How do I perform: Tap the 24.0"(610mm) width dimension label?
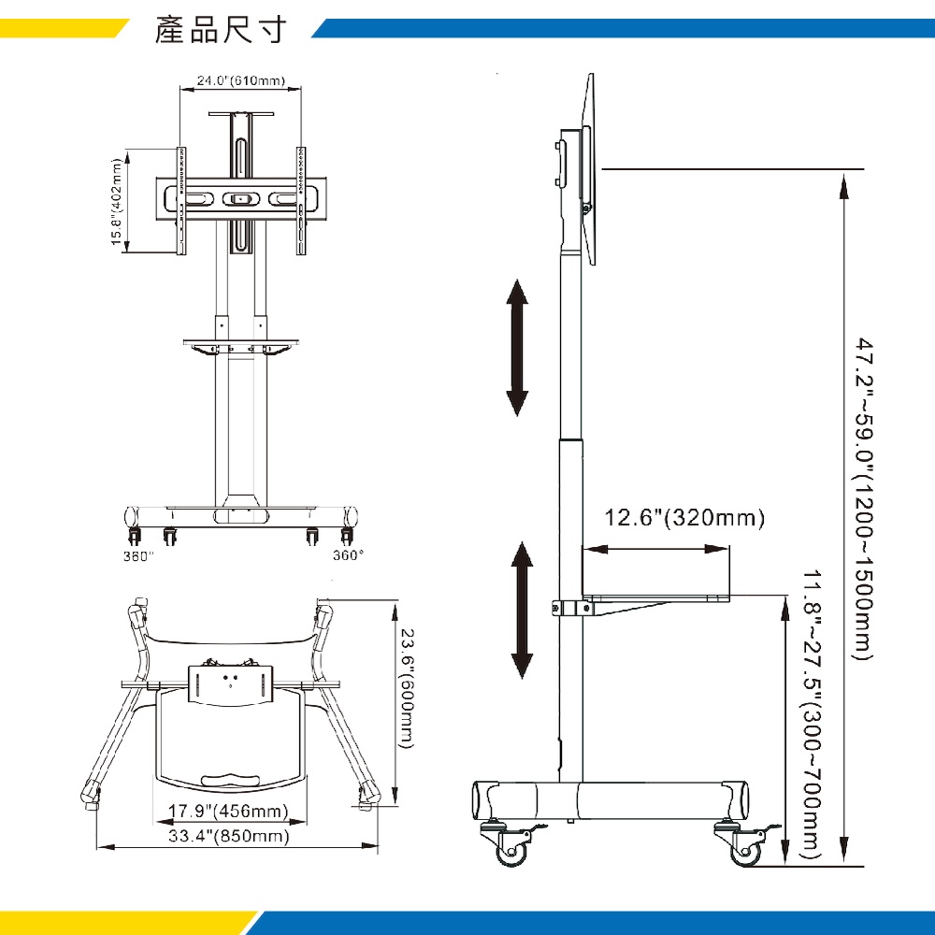point(240,80)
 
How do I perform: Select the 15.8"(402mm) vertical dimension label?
point(118,202)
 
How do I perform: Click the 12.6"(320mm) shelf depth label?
point(684,518)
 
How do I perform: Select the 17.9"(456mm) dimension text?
point(228,811)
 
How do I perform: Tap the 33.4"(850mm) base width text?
point(228,836)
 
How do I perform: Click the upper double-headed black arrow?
point(517,347)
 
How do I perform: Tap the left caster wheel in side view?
point(511,847)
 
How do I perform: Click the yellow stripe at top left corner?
point(56,28)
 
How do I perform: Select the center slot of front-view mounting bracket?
point(240,199)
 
